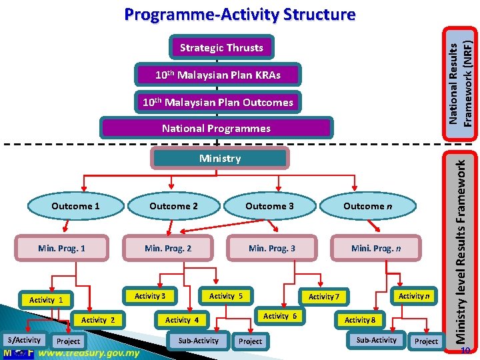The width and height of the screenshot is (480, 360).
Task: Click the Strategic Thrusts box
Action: pos(221,48)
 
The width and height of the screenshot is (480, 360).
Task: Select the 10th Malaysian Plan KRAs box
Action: pos(218,75)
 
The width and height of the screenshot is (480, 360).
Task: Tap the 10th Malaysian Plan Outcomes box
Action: pos(218,102)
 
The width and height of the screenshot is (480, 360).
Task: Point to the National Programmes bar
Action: pos(216,128)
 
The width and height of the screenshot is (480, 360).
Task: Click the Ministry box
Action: pos(220,159)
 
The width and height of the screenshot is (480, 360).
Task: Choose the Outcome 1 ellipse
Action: pos(75,206)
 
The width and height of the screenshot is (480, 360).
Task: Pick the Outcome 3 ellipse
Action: pos(269,206)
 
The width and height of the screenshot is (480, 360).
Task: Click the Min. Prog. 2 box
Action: pos(168,249)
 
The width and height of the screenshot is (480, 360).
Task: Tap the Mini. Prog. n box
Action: pos(377,249)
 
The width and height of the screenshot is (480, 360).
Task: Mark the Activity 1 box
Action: pos(46,300)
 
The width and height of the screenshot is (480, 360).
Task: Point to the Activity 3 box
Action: pos(150,296)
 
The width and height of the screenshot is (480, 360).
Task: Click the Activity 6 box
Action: pos(280,316)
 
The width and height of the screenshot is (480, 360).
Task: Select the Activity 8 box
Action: pos(360,320)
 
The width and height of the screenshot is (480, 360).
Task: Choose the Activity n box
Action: pos(413,296)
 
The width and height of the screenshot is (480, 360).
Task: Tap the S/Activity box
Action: pos(24,340)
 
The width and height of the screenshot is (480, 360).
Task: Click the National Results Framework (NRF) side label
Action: pos(461,73)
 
